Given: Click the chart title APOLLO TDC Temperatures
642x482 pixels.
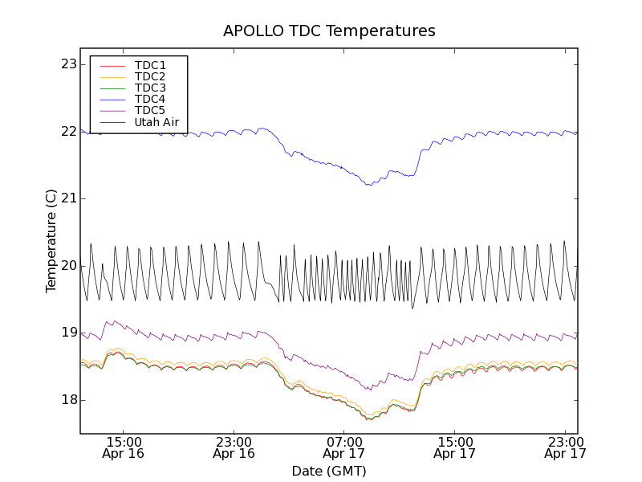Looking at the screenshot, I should (x=329, y=31).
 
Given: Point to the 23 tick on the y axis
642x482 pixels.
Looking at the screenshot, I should (x=68, y=64).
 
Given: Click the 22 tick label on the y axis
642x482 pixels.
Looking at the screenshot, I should (x=68, y=132).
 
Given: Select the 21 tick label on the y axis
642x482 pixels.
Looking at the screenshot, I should (x=68, y=198).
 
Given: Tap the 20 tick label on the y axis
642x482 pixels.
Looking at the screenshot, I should (x=68, y=266).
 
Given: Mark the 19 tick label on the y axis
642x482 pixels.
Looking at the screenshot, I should (x=68, y=333).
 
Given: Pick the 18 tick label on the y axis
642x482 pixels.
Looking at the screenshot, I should (x=68, y=400).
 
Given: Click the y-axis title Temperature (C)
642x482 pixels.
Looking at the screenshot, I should (x=51, y=241).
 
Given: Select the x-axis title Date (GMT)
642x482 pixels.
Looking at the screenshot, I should (x=329, y=471).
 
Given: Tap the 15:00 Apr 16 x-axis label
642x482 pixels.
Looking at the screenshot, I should (x=124, y=447).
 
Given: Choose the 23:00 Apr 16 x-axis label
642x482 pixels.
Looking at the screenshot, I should (x=234, y=447).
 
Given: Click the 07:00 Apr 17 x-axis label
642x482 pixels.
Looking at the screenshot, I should (x=345, y=447).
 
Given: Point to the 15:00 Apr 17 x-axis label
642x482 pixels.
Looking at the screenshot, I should (x=455, y=447).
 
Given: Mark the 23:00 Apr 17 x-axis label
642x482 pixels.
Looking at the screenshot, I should (x=565, y=447).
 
